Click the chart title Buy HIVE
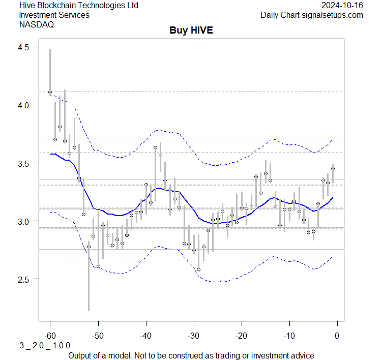(x=191, y=31)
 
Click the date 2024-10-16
(x=342, y=5)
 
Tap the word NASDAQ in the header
(x=36, y=24)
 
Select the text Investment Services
(x=54, y=15)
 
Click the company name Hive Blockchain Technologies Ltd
(x=79, y=5)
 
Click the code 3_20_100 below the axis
(x=45, y=345)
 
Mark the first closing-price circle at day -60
(x=50, y=93)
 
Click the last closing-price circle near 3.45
(x=333, y=169)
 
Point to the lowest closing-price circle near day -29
(x=198, y=269)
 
